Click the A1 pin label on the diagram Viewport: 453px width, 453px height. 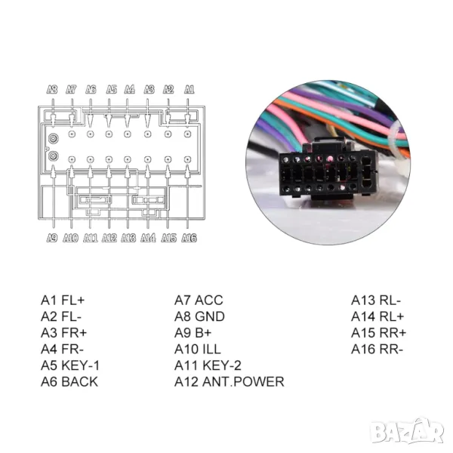pyautogui.click(x=189, y=88)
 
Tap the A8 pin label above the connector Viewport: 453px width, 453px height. pyautogui.click(x=52, y=88)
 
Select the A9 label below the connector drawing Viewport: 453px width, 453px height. pyautogui.click(x=52, y=238)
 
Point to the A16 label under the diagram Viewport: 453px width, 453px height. pyautogui.click(x=189, y=238)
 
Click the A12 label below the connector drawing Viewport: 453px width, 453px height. pyautogui.click(x=109, y=238)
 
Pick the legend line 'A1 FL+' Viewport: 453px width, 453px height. pyautogui.click(x=63, y=300)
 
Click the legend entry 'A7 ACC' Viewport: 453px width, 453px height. pyautogui.click(x=199, y=300)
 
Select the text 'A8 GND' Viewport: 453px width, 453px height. pyautogui.click(x=199, y=316)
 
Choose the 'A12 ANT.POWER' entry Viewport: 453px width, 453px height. pyautogui.click(x=230, y=382)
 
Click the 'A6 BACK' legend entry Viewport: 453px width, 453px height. pyautogui.click(x=69, y=382)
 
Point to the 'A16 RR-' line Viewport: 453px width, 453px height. pyautogui.click(x=377, y=350)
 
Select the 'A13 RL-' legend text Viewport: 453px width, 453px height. pyautogui.click(x=377, y=300)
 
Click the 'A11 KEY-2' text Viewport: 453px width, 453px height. pyautogui.click(x=208, y=365)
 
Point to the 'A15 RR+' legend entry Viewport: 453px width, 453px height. pyautogui.click(x=378, y=333)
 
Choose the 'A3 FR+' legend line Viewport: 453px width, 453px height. pyautogui.click(x=63, y=333)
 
